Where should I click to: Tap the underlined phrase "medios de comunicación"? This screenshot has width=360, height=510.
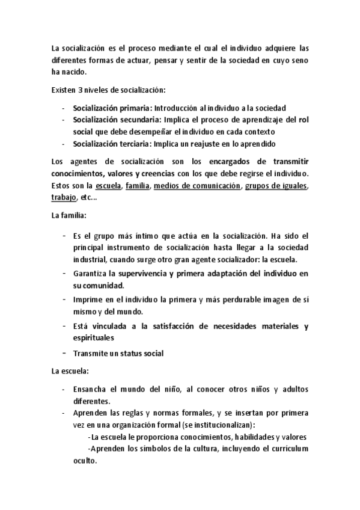[197, 186]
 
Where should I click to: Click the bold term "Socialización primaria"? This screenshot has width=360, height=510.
[112, 108]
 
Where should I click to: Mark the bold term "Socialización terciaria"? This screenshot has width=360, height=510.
[112, 144]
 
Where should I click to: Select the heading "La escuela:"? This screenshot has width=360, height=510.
[70, 372]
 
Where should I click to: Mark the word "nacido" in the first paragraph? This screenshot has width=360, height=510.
[73, 72]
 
